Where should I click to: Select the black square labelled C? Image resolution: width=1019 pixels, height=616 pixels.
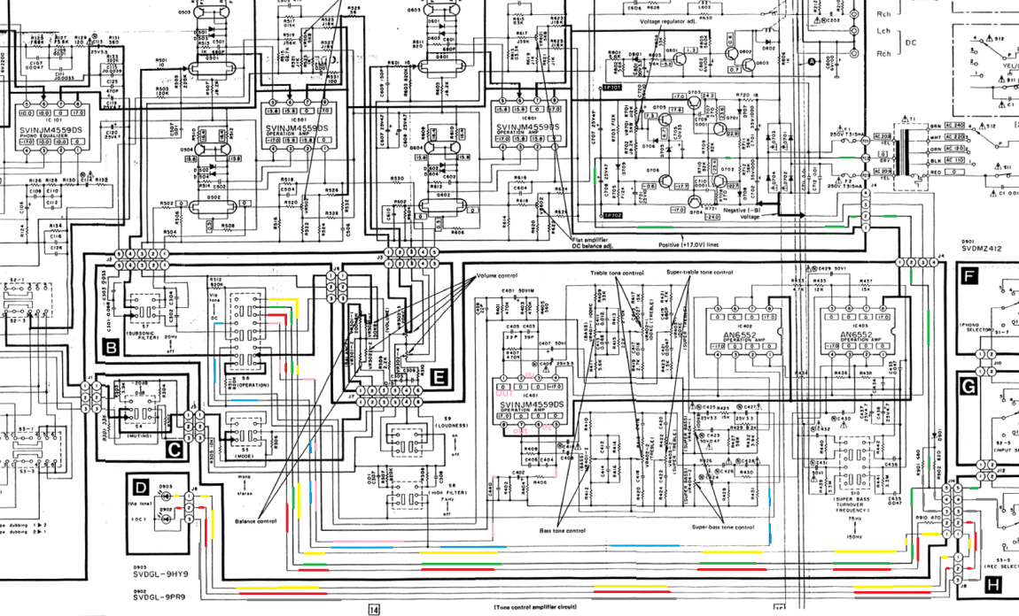click(175, 450)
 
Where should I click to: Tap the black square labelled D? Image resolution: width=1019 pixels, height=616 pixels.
click(139, 486)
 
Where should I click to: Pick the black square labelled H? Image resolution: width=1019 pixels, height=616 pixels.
click(992, 583)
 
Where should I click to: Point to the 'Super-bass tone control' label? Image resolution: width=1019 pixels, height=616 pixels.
click(722, 527)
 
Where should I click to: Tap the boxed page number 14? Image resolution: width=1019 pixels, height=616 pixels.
click(373, 609)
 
